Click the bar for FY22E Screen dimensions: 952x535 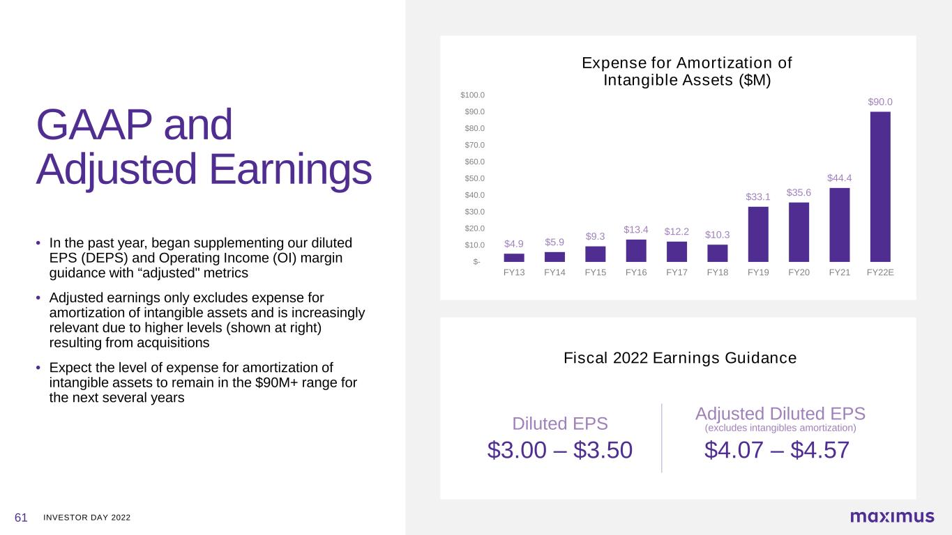pyautogui.click(x=880, y=187)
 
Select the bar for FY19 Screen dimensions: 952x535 pyautogui.click(x=758, y=234)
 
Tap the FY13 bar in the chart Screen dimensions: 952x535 pyautogui.click(x=514, y=258)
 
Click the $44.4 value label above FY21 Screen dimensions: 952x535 pyautogui.click(x=840, y=178)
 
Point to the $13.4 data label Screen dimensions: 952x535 pyautogui.click(x=636, y=230)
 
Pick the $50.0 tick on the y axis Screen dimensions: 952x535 pyautogui.click(x=475, y=178)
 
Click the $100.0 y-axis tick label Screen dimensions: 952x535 pyautogui.click(x=473, y=95)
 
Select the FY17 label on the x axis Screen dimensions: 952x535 pyautogui.click(x=677, y=272)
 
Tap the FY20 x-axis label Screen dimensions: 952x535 pyautogui.click(x=799, y=272)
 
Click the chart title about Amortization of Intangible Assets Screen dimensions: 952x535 pyautogui.click(x=687, y=71)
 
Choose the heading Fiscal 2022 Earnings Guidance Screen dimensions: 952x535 pyautogui.click(x=680, y=358)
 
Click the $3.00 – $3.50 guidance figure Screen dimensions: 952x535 pyautogui.click(x=560, y=450)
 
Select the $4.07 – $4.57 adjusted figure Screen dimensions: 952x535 pyautogui.click(x=777, y=450)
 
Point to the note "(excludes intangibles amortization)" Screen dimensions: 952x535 pyautogui.click(x=780, y=428)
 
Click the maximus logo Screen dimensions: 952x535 pyautogui.click(x=893, y=516)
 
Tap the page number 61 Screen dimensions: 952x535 pyautogui.click(x=21, y=518)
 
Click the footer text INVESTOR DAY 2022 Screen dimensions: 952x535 pyautogui.click(x=87, y=518)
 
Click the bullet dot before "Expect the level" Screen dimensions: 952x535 pyautogui.click(x=38, y=367)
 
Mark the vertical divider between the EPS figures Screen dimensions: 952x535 pyautogui.click(x=662, y=437)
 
